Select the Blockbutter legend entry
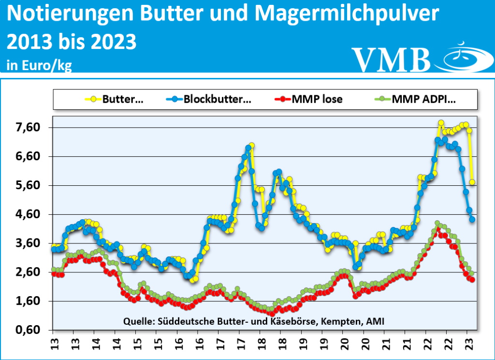217,100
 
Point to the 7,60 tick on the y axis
28,127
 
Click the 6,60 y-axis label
28,156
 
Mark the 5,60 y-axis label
28,185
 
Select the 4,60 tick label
28,214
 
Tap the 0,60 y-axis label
28,330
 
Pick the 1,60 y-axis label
28,301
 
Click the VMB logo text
391,59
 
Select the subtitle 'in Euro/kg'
39,65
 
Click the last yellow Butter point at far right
472,182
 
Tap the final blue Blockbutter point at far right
472,219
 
